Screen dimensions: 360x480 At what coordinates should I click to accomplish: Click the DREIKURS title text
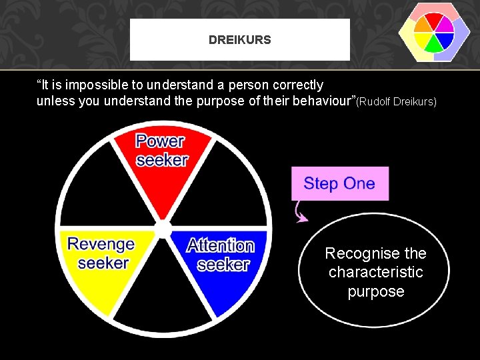tap(239, 40)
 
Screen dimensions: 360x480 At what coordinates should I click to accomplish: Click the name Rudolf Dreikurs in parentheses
tap(397, 102)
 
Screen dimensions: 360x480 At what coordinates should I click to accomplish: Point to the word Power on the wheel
tap(161, 141)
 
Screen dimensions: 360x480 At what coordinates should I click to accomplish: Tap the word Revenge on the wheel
tap(101, 245)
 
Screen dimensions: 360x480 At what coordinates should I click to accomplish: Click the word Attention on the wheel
tap(221, 245)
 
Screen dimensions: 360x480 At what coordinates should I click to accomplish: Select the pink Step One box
tap(339, 183)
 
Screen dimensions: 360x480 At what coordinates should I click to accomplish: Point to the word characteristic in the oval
tap(376, 272)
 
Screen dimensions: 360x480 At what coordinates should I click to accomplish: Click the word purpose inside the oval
tap(376, 291)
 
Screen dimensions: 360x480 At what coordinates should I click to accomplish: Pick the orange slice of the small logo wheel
tap(422, 25)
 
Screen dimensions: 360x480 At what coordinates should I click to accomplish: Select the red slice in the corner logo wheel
tap(435, 19)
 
